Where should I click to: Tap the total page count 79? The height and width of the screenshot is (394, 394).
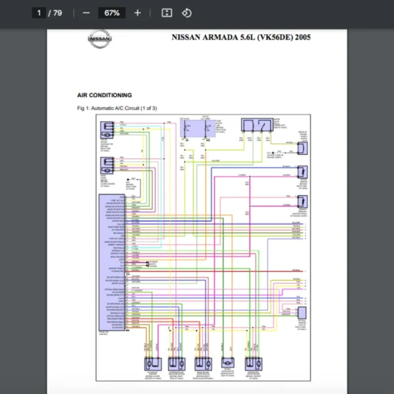[56, 12]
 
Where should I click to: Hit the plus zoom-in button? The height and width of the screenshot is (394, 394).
[137, 12]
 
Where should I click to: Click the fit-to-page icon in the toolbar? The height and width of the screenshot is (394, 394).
[167, 12]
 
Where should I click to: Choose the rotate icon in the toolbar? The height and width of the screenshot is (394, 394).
[186, 12]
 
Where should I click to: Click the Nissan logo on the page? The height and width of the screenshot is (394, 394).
[100, 40]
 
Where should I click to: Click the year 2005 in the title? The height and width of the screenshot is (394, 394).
[303, 37]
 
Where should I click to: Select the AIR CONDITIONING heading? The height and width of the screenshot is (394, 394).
[104, 95]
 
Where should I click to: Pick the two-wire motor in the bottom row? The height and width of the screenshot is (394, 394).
[228, 362]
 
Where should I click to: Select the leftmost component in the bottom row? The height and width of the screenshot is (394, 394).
[151, 362]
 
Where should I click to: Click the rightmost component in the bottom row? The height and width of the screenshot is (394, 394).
[254, 362]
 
